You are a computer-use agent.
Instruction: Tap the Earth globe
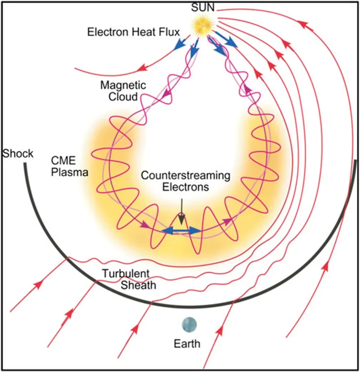pyautogui.click(x=189, y=324)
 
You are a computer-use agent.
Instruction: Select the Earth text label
pyautogui.click(x=187, y=343)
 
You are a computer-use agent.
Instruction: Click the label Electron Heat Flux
pyautogui.click(x=134, y=32)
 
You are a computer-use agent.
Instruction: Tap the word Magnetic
pyautogui.click(x=123, y=86)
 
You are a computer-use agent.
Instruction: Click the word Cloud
pyautogui.click(x=123, y=97)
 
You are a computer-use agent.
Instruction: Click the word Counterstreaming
pyautogui.click(x=185, y=176)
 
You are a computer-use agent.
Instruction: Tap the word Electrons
pyautogui.click(x=185, y=187)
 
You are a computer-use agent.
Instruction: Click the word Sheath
pyautogui.click(x=138, y=285)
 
